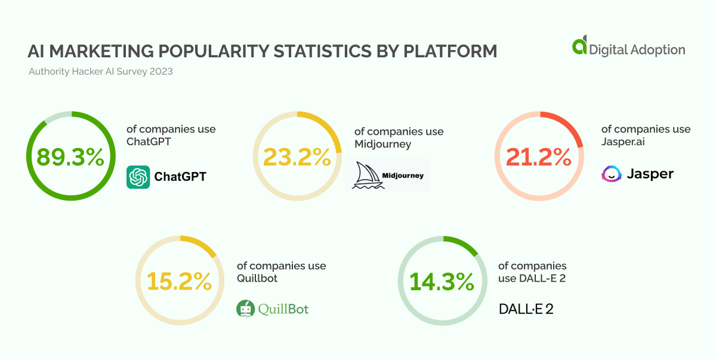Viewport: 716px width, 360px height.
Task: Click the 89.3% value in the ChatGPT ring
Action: (70, 157)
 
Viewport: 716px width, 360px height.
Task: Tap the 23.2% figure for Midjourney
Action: (297, 157)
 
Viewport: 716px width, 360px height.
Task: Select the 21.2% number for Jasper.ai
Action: (539, 157)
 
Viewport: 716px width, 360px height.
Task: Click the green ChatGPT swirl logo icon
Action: (138, 177)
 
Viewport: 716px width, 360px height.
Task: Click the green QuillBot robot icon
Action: (244, 309)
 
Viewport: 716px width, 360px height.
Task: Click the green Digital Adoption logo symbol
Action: (579, 47)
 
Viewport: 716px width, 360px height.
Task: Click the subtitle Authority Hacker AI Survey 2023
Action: (101, 72)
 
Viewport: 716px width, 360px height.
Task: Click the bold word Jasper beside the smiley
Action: (650, 174)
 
